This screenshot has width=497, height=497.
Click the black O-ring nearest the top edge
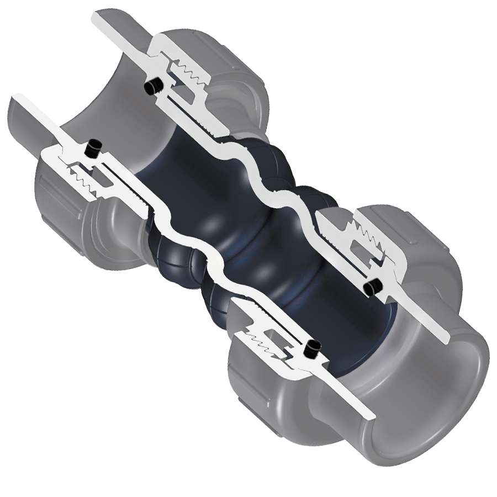[152, 86]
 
